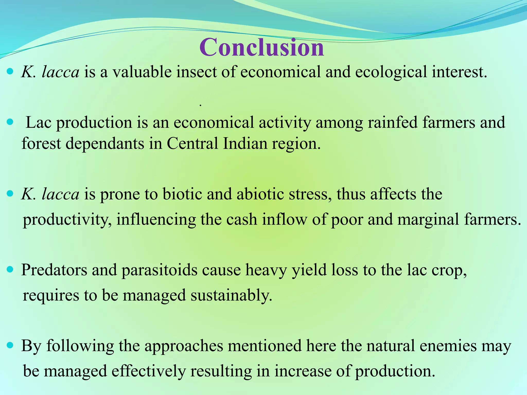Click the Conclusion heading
261,47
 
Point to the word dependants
104,143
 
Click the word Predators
54,270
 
